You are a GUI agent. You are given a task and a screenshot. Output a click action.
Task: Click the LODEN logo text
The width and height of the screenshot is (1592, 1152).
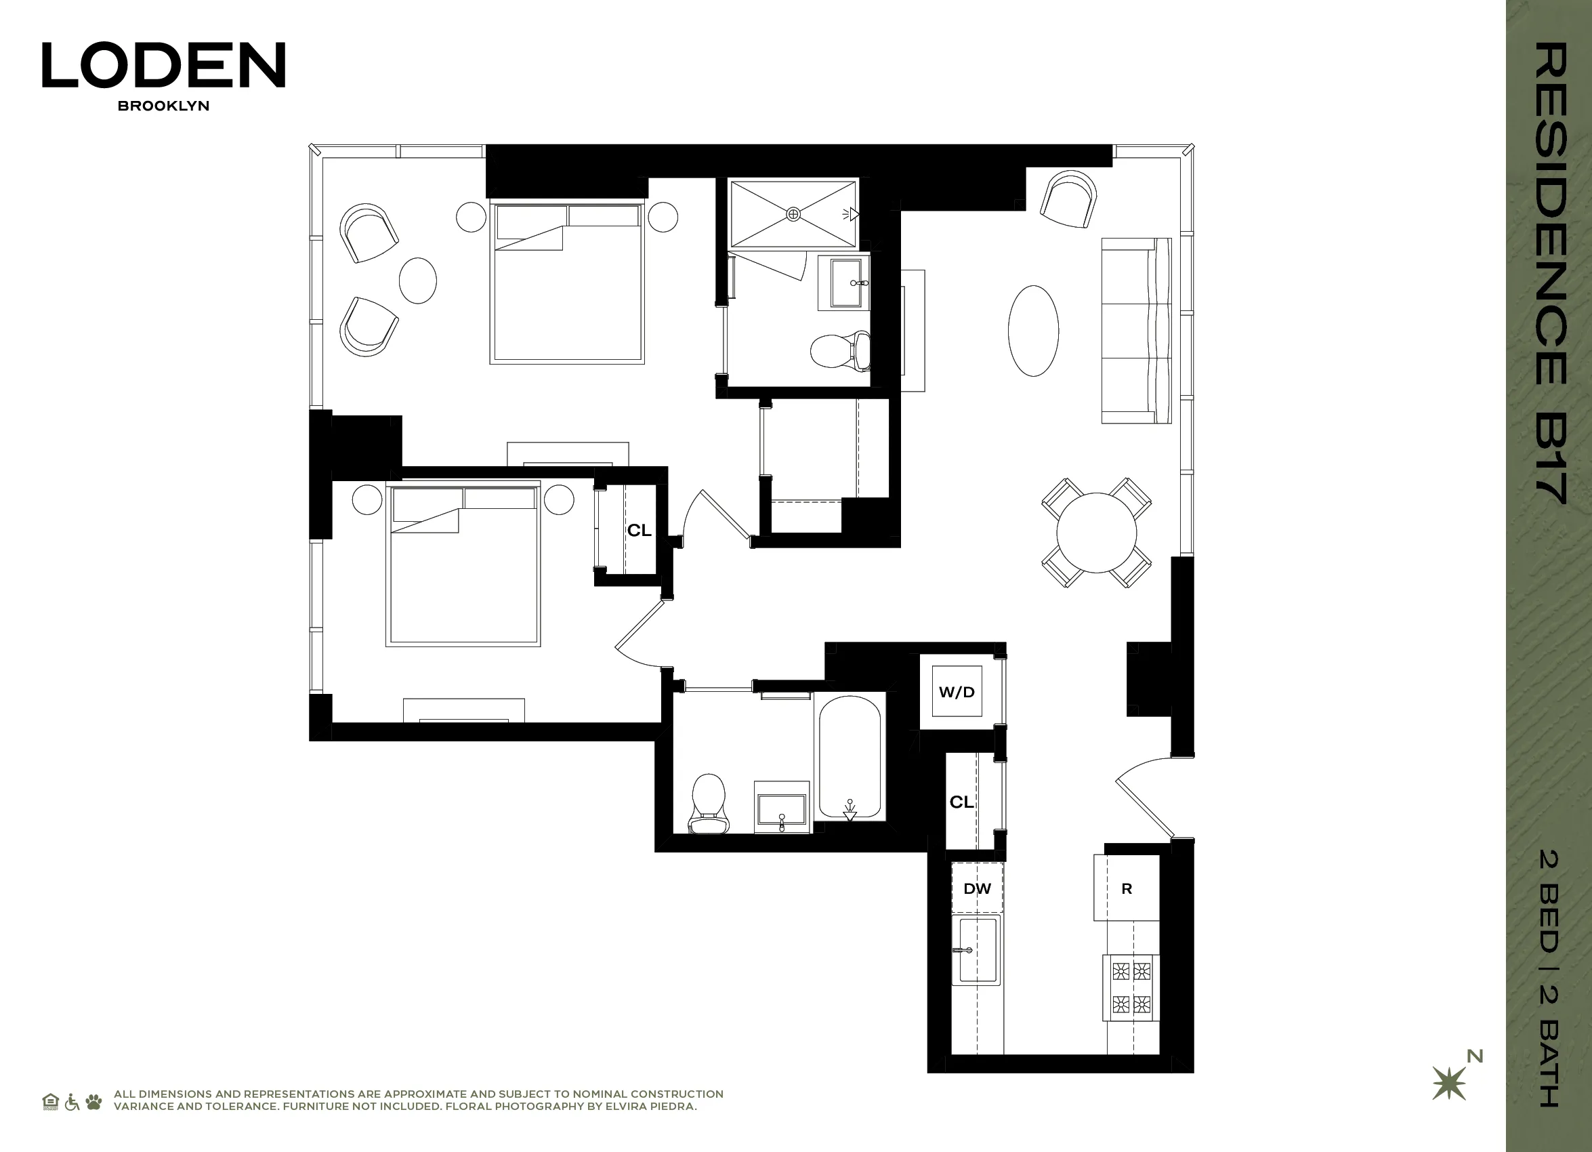[163, 64]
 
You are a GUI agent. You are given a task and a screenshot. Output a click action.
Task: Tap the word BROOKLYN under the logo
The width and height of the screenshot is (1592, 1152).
[163, 106]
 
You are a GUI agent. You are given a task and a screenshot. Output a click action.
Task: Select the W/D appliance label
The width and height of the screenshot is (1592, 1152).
[957, 691]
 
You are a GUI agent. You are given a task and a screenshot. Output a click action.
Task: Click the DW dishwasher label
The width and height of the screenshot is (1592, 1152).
[977, 889]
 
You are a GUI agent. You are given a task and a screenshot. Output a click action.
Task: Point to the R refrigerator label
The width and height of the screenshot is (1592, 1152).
[1127, 889]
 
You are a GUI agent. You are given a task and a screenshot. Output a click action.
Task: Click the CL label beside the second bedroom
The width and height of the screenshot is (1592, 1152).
[639, 530]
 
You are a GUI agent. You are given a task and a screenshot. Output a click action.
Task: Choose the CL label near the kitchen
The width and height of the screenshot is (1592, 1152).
[962, 802]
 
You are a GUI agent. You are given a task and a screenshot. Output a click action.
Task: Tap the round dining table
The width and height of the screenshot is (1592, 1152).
[1095, 533]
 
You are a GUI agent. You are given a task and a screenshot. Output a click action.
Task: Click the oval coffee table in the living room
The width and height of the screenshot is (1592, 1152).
[1033, 331]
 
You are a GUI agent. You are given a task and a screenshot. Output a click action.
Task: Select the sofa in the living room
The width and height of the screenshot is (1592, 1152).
[1135, 331]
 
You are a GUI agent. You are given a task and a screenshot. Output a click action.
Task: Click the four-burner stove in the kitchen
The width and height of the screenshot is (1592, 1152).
[1131, 988]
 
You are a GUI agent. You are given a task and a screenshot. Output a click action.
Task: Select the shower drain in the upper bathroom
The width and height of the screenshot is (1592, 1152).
[793, 213]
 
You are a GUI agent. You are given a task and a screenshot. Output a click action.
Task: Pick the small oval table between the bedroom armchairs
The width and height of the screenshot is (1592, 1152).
[418, 280]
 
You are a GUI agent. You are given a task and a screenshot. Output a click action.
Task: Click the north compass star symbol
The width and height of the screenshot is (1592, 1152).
[1449, 1083]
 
